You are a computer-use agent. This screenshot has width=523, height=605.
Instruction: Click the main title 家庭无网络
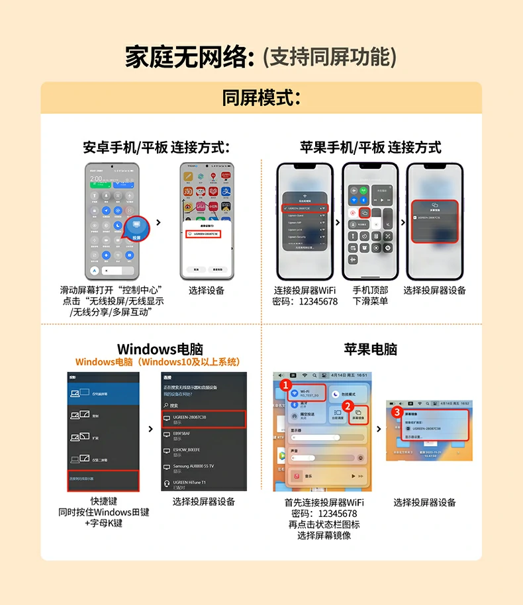tap(189, 57)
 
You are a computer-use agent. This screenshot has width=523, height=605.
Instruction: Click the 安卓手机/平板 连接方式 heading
tap(156, 147)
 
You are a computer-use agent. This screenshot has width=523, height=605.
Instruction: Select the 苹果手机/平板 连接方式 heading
tap(370, 147)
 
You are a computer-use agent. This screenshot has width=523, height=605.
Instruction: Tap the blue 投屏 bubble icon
tap(137, 229)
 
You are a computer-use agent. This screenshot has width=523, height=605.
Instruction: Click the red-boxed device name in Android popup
tap(203, 234)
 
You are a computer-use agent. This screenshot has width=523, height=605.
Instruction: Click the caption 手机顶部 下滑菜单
tap(370, 295)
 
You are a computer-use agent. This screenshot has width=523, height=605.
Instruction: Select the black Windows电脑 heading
tap(160, 349)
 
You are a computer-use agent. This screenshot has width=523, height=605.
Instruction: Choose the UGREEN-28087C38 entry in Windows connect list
tap(204, 419)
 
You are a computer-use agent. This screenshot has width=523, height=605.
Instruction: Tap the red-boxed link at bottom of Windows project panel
tap(103, 481)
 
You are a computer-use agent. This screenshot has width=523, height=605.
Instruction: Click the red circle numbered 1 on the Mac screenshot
tap(285, 383)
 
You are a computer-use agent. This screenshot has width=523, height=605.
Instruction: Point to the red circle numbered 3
tap(397, 411)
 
